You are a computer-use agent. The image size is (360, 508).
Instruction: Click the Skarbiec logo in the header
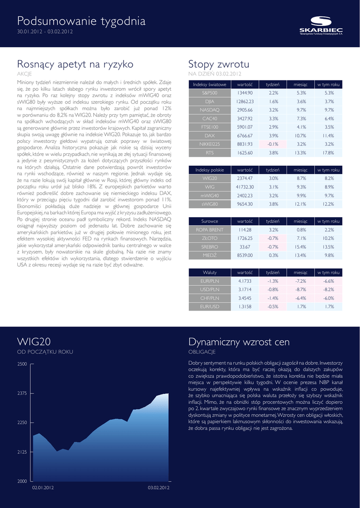(321, 25)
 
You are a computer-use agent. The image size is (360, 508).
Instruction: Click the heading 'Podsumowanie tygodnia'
(81, 21)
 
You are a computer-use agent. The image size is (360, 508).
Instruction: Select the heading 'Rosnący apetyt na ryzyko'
(75, 64)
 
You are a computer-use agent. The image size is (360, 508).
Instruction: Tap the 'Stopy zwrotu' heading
(218, 64)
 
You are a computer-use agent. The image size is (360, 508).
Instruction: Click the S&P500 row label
(210, 93)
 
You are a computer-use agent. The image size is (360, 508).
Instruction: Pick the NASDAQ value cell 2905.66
(245, 110)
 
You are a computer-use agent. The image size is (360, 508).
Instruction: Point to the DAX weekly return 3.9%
(273, 135)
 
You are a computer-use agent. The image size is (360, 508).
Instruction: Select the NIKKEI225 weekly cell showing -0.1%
(273, 144)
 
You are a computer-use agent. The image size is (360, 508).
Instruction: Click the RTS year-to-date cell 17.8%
(329, 152)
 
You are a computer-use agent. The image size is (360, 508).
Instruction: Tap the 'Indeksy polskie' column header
(210, 170)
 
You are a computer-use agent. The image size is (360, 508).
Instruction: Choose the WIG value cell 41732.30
(245, 187)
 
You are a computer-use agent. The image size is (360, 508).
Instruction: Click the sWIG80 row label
(210, 204)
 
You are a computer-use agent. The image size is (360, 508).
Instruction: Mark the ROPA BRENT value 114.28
(245, 230)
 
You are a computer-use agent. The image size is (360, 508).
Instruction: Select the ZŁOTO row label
(210, 238)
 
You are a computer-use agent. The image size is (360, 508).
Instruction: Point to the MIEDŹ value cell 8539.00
(245, 255)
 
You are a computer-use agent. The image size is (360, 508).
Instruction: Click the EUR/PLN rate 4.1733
(245, 281)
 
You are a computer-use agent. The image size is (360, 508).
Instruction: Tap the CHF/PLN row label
(210, 298)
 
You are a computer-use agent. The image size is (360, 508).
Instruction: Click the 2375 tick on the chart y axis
(22, 393)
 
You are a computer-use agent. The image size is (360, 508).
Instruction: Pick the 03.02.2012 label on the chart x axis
(159, 488)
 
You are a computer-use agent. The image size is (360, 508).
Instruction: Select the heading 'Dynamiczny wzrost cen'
(239, 342)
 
